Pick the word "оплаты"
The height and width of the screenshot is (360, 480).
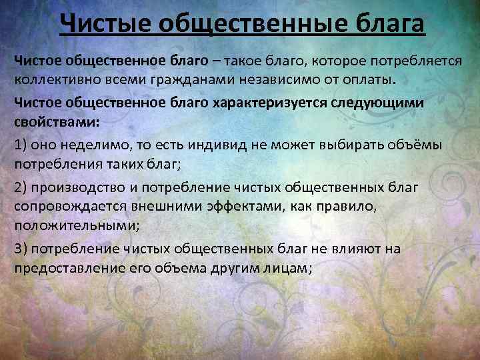367,80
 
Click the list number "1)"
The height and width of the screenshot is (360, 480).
21,145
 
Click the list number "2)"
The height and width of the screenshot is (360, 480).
21,187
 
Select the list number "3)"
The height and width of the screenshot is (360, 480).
21,248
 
